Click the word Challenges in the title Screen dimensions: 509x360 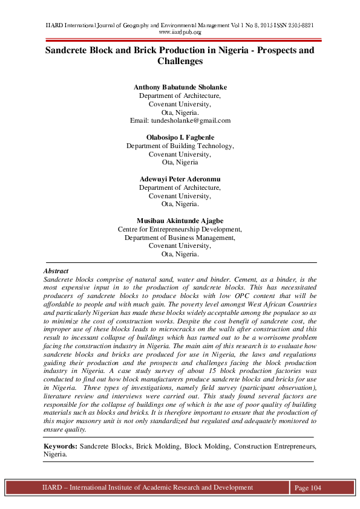click(180, 62)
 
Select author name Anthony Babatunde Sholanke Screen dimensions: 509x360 click(180, 87)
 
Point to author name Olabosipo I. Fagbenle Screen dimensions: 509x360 click(180, 137)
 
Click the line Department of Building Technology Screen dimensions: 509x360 click(180, 146)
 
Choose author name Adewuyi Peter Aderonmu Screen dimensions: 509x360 click(180, 180)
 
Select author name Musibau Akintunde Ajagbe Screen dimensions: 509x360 click(180, 221)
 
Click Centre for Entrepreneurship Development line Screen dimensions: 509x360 click(180, 230)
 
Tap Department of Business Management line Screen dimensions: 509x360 click(180, 238)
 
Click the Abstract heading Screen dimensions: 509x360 click(56, 271)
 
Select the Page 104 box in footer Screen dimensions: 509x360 click(307, 488)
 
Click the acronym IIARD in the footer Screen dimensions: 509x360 click(52, 487)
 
